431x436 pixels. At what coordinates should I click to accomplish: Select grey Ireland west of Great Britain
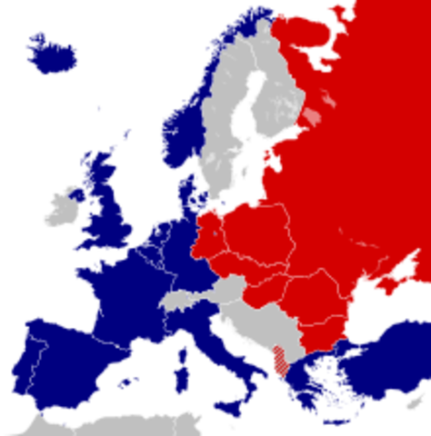pos(63,207)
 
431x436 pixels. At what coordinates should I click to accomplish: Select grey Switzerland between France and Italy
pos(177,301)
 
